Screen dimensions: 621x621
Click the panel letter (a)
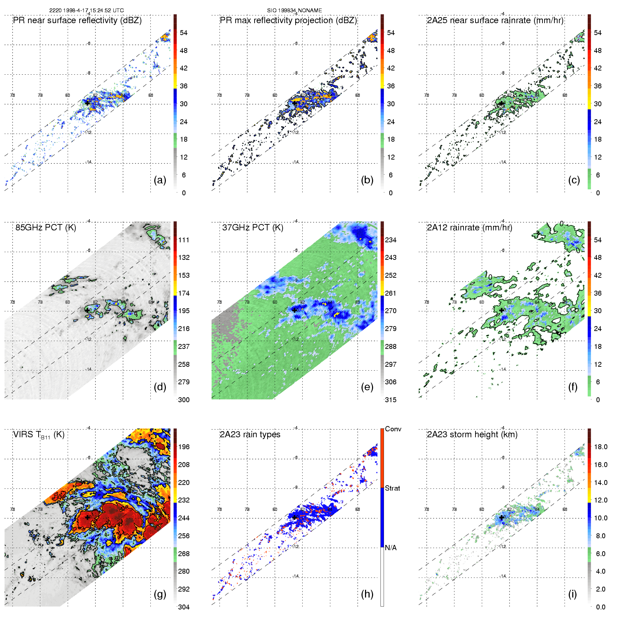tap(160, 180)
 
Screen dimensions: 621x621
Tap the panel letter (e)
tap(367, 387)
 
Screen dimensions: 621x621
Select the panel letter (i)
tap(573, 594)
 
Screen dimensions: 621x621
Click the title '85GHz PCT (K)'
tap(46, 227)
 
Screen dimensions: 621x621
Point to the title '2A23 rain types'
tap(250, 434)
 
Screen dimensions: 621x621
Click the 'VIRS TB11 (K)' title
tap(39, 435)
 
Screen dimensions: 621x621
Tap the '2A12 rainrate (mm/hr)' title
tap(470, 227)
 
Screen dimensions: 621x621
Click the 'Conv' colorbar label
tap(393, 429)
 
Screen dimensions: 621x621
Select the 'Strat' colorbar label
tap(392, 488)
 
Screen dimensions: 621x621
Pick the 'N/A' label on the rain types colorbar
tap(391, 548)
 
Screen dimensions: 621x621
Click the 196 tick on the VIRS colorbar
tap(184, 447)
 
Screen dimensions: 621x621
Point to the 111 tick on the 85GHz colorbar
tap(184, 240)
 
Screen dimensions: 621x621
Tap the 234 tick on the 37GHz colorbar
tap(391, 240)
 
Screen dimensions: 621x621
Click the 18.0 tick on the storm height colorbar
tap(601, 447)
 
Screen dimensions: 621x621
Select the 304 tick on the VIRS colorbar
tap(184, 607)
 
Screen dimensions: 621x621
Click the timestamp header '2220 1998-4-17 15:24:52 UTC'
tap(86, 11)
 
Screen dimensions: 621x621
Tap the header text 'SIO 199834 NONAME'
tap(295, 11)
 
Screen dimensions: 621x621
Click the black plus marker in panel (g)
tap(87, 517)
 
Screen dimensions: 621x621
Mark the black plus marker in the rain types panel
tap(295, 517)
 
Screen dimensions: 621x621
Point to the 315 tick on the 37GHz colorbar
tap(391, 400)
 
